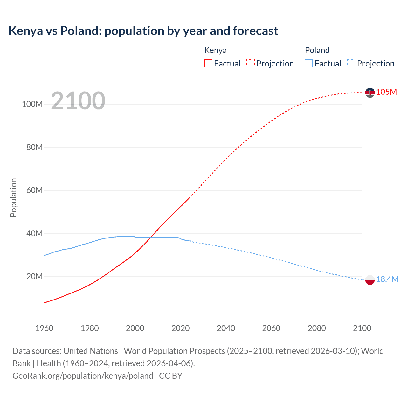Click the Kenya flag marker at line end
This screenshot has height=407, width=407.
click(x=370, y=93)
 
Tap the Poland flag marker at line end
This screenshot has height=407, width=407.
click(x=370, y=280)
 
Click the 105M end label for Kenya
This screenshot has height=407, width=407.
click(x=386, y=92)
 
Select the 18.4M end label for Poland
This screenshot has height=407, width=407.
click(x=387, y=279)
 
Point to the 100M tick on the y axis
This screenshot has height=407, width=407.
click(x=32, y=104)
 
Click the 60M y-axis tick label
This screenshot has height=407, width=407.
click(x=34, y=190)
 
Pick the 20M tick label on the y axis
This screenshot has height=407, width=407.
click(x=34, y=277)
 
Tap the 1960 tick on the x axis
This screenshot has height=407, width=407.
click(x=44, y=328)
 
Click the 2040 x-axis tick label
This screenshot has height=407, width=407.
click(x=226, y=328)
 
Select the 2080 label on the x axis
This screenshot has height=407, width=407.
click(x=317, y=328)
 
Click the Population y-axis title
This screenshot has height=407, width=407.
click(x=13, y=197)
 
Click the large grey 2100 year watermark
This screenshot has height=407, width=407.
click(x=78, y=101)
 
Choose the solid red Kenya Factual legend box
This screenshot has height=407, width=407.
click(x=208, y=63)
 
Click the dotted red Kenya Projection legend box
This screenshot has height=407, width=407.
click(x=251, y=63)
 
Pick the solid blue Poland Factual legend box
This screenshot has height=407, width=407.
click(x=309, y=63)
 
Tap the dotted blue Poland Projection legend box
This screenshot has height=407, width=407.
click(x=351, y=63)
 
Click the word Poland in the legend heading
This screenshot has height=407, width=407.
click(x=317, y=50)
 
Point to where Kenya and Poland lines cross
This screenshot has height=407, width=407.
click(x=151, y=237)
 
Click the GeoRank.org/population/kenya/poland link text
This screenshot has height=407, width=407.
click(x=83, y=376)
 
